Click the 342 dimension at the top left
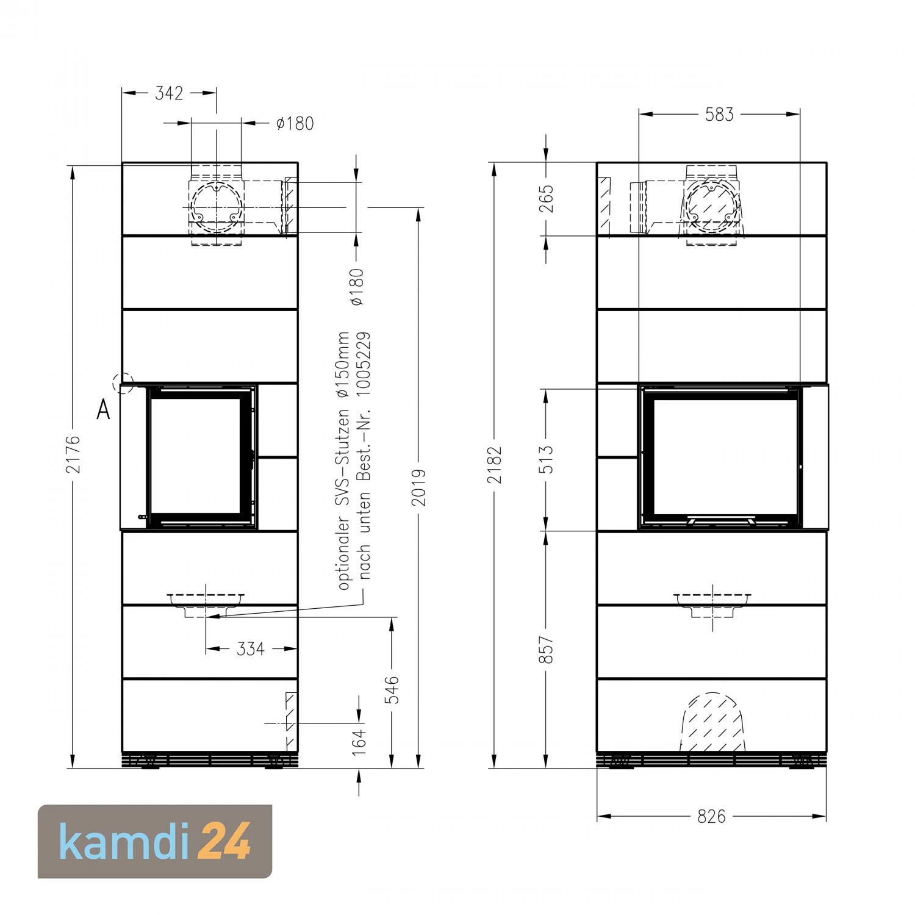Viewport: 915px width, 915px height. (169, 93)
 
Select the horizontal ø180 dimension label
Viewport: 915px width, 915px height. (295, 123)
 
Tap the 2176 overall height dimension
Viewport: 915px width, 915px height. (73, 454)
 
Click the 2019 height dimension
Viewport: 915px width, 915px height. (418, 487)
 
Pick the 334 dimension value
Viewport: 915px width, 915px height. (250, 649)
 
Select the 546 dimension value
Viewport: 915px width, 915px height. (393, 690)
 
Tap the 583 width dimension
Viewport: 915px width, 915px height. (719, 115)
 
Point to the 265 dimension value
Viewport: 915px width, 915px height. (547, 198)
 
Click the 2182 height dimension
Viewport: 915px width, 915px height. (494, 465)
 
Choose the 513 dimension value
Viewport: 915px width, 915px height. (547, 459)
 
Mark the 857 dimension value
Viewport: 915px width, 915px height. (547, 650)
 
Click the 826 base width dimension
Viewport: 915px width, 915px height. (711, 816)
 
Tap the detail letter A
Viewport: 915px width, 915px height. (103, 411)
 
